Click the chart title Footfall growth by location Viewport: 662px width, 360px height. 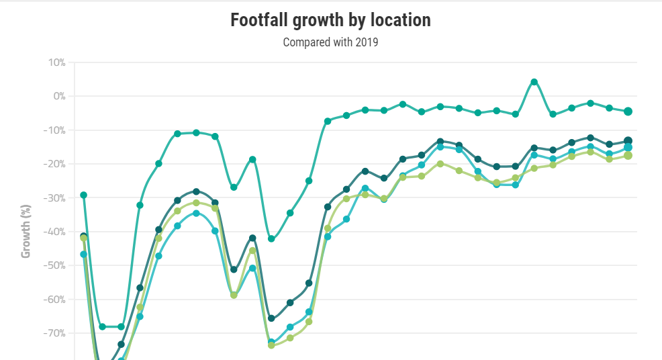point(330,20)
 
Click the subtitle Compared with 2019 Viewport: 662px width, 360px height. point(330,43)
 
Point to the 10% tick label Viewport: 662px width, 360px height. point(56,62)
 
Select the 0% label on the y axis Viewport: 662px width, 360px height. point(58,96)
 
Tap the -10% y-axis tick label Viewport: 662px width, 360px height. point(54,130)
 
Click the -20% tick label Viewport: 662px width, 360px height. point(54,164)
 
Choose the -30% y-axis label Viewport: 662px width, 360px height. point(54,198)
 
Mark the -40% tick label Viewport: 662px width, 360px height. point(54,232)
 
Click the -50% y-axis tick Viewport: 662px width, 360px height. point(54,265)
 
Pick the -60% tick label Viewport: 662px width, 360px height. point(54,300)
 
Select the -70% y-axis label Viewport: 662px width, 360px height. point(54,333)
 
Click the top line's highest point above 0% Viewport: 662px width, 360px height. point(534,82)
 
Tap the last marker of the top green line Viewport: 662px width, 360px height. point(628,111)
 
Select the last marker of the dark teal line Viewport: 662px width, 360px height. point(628,141)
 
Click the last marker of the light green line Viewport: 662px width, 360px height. point(628,156)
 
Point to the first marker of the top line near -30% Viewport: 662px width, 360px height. point(84,195)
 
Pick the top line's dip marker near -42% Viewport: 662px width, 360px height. point(271,239)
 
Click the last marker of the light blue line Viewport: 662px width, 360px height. point(628,148)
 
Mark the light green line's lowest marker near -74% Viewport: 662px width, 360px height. point(271,345)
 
